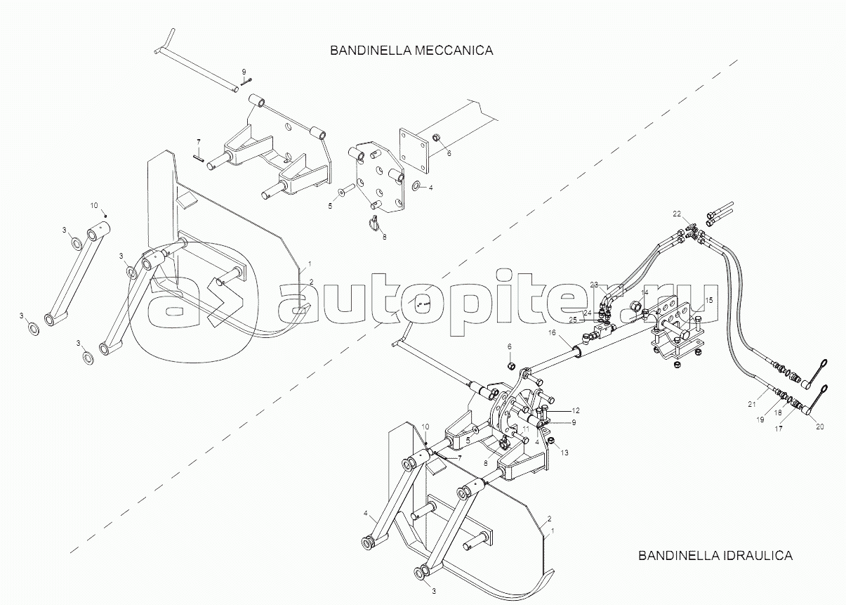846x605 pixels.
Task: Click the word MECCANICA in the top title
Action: point(454,51)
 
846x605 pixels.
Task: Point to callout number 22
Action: point(676,214)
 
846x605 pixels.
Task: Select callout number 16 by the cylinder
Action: point(552,332)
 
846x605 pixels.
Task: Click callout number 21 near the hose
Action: point(752,404)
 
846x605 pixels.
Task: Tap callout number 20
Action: point(820,427)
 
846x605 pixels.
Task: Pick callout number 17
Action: point(779,429)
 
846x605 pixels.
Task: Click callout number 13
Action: point(564,453)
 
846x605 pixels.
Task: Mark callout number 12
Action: point(575,410)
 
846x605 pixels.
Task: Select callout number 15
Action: point(709,300)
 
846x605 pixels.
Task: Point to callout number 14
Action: point(645,292)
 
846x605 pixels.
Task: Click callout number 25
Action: point(573,320)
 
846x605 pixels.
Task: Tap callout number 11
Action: point(525,429)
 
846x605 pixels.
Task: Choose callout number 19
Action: point(760,419)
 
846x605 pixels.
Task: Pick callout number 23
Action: point(595,284)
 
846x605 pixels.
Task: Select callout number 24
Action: point(587,313)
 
